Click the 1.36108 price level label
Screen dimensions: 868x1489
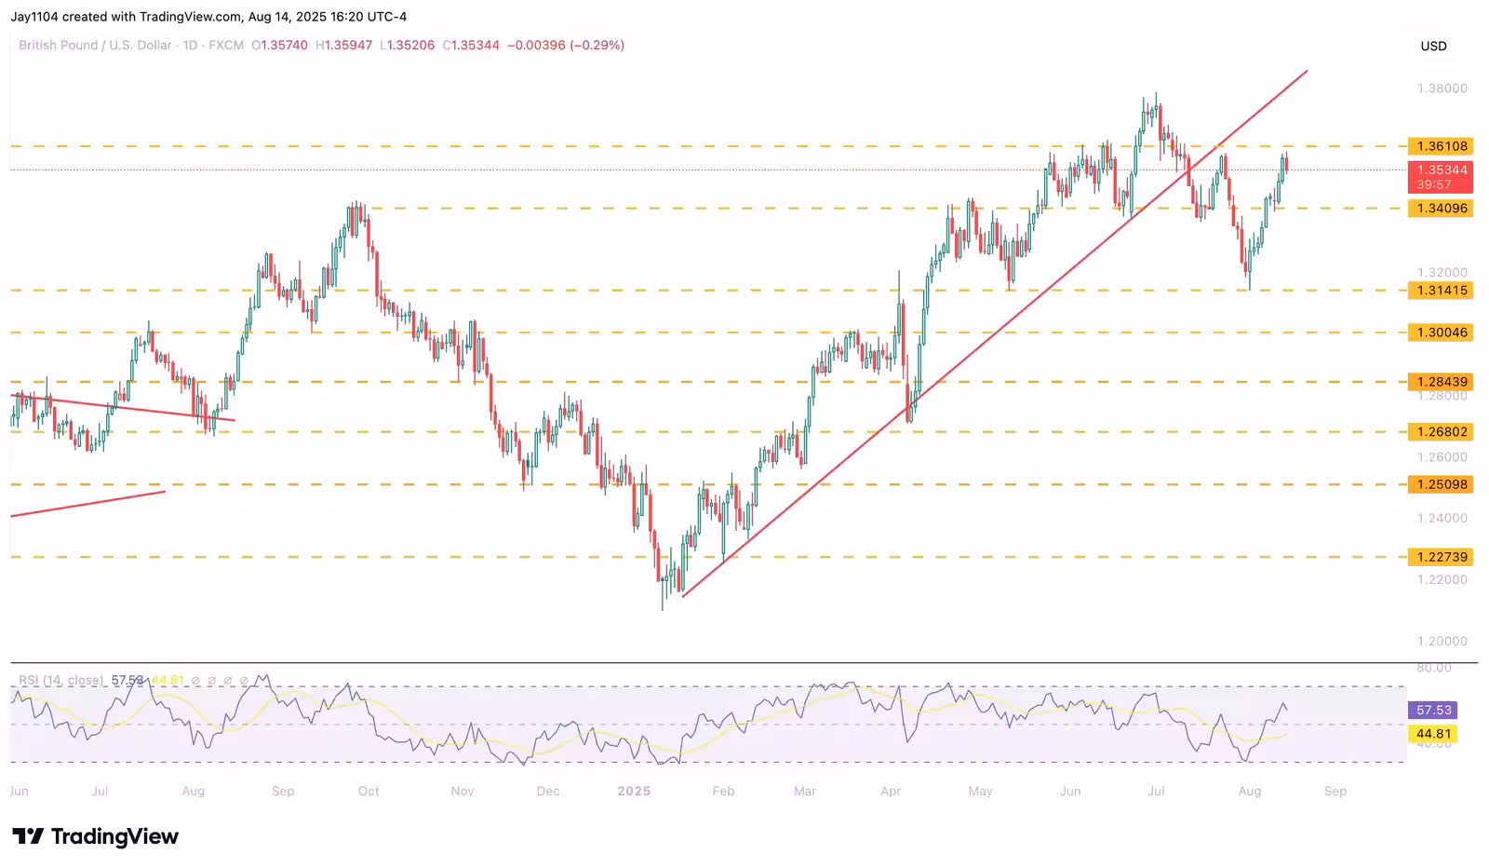tap(1442, 146)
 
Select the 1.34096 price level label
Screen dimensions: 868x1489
tap(1442, 209)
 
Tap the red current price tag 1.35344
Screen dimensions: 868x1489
tap(1442, 170)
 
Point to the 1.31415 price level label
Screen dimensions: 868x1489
tap(1442, 291)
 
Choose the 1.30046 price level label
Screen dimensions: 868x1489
tap(1442, 332)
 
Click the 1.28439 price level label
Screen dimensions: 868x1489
tap(1442, 382)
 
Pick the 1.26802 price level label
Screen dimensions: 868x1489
tap(1442, 432)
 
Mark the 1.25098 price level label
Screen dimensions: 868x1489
tap(1442, 484)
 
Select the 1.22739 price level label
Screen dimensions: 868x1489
tap(1442, 557)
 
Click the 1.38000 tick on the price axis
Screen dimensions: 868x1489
tap(1442, 88)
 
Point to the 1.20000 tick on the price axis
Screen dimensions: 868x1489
tap(1442, 641)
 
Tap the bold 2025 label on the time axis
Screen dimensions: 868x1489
tap(634, 791)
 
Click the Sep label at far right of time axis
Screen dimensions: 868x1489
tap(1335, 791)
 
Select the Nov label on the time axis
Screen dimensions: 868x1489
tap(463, 791)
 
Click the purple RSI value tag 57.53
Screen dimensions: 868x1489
tap(1433, 710)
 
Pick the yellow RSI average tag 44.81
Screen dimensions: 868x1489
tap(1433, 734)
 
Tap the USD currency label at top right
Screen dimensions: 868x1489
tap(1433, 46)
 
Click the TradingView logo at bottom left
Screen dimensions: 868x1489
tap(95, 836)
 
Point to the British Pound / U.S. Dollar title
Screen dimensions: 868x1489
tap(95, 45)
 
